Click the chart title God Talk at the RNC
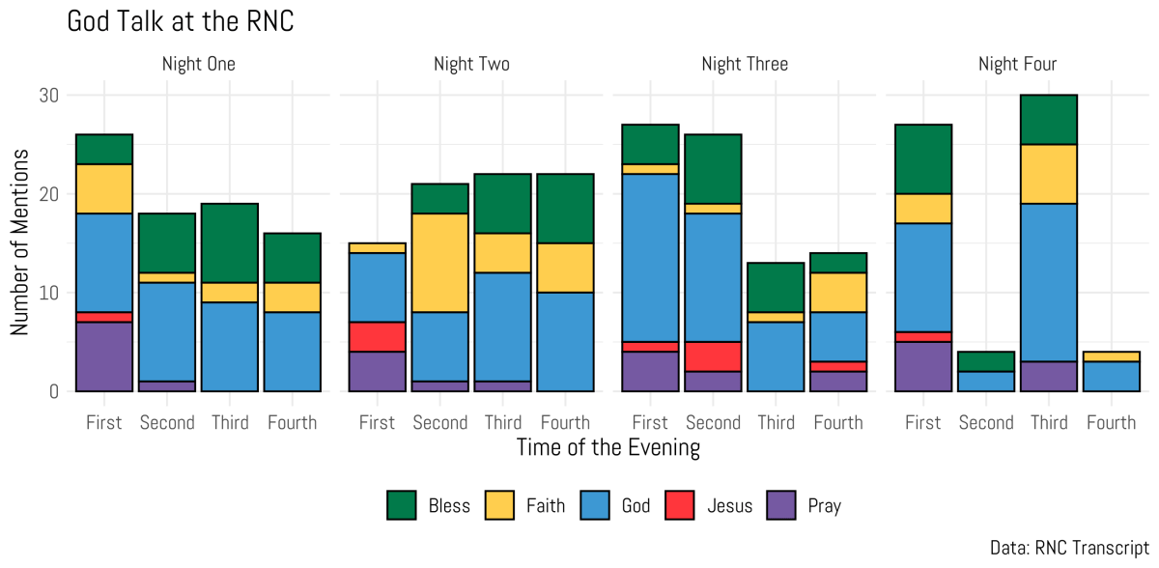pyautogui.click(x=181, y=21)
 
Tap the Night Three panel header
pyautogui.click(x=745, y=65)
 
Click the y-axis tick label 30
pyautogui.click(x=49, y=96)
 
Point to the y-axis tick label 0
pyautogui.click(x=54, y=391)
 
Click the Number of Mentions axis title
pyautogui.click(x=19, y=242)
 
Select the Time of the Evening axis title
pyautogui.click(x=608, y=448)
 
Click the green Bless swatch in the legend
pyautogui.click(x=401, y=505)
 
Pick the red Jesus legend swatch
pyautogui.click(x=679, y=505)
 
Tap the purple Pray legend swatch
pyautogui.click(x=779, y=505)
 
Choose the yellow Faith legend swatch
pyautogui.click(x=498, y=505)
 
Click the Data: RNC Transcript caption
pyautogui.click(x=1069, y=548)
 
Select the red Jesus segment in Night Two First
pyautogui.click(x=377, y=337)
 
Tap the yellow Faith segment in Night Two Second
pyautogui.click(x=440, y=263)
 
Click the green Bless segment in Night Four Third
pyautogui.click(x=1048, y=120)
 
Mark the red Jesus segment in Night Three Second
pyautogui.click(x=713, y=356)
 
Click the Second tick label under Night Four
pyautogui.click(x=986, y=423)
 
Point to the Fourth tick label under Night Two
pyautogui.click(x=565, y=423)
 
